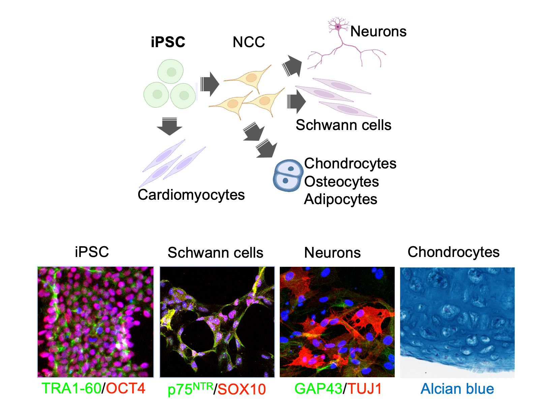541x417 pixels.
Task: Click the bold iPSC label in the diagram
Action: click(x=168, y=42)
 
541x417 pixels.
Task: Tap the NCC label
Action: click(x=249, y=42)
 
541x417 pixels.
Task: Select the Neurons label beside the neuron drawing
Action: click(x=378, y=31)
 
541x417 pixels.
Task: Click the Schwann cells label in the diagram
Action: click(x=343, y=125)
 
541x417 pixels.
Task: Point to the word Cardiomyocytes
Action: click(x=191, y=195)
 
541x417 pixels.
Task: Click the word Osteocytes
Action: click(x=341, y=182)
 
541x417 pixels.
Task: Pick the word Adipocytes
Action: click(x=340, y=199)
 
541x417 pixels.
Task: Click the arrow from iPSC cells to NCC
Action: click(x=210, y=84)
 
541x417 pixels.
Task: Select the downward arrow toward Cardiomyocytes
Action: click(x=170, y=126)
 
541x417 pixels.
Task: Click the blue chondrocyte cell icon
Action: click(x=287, y=175)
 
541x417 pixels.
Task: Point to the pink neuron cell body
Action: click(x=338, y=26)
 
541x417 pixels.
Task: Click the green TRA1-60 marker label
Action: click(x=71, y=388)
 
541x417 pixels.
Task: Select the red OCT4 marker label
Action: click(x=126, y=388)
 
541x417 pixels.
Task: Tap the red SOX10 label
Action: click(x=241, y=389)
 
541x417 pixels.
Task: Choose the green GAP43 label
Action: click(x=318, y=389)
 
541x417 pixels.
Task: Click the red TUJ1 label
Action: click(x=364, y=389)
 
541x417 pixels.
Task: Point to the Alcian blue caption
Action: click(x=457, y=389)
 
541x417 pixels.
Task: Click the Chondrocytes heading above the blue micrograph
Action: click(x=453, y=252)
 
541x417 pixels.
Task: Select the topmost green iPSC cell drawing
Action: click(x=171, y=71)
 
